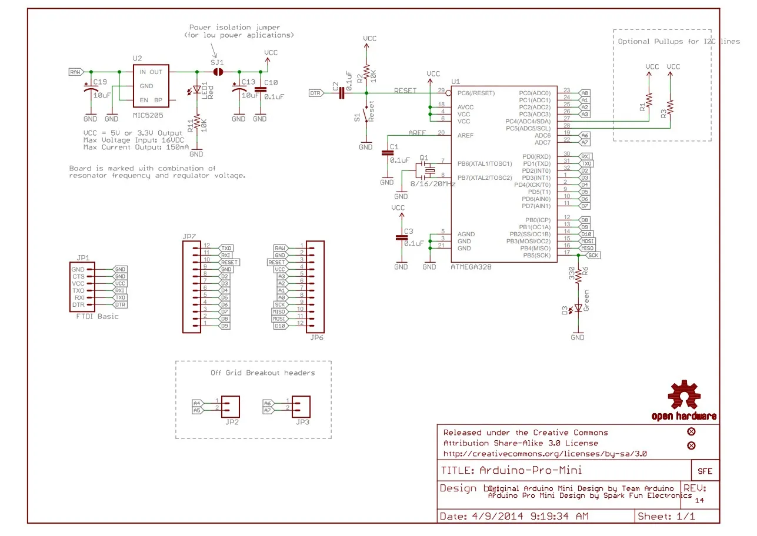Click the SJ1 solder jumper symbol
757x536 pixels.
coord(218,72)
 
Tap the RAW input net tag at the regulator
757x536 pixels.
coord(76,72)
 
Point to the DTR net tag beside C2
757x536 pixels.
coord(316,93)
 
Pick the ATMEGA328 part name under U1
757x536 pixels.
coord(471,267)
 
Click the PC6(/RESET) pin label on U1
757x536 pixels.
coord(476,93)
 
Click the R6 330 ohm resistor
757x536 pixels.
coord(578,276)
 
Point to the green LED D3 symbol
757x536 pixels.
coord(578,307)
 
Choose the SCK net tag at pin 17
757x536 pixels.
coord(593,256)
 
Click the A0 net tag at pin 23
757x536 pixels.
coord(585,93)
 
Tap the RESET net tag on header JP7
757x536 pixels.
coord(229,262)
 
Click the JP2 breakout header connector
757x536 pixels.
coord(232,406)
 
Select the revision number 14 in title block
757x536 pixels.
coord(699,500)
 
